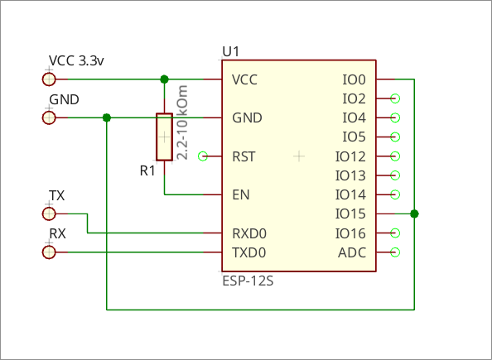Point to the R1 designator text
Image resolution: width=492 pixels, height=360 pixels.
[x=147, y=171]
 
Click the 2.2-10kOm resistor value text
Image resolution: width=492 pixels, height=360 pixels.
[x=182, y=122]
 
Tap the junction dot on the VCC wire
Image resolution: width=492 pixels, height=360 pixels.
[x=165, y=79]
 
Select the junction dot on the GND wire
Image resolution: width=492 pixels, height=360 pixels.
[x=107, y=118]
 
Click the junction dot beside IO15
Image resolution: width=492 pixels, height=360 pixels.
[x=414, y=214]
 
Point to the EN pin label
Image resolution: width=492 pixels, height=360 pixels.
[x=241, y=194]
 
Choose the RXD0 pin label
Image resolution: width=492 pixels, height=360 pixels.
[x=249, y=233]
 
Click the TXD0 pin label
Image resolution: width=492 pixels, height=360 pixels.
[x=248, y=252]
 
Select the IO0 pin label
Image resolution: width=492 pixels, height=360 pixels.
[x=354, y=79]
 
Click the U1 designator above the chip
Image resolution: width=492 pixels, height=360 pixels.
[x=231, y=51]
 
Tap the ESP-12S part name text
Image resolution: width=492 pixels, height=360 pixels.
[x=248, y=281]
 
